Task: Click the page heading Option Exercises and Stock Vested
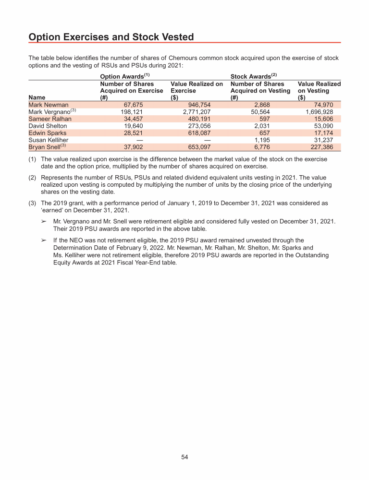111,37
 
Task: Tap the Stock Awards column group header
252,76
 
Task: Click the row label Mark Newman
49,105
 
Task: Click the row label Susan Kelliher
49,140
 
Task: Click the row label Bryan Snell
44,147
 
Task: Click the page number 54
184,457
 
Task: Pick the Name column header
37,97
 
